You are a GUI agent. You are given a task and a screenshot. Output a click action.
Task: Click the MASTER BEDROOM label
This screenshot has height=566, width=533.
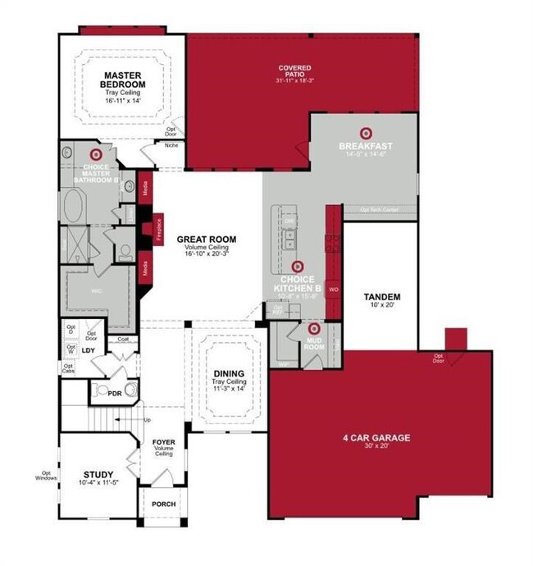(123, 80)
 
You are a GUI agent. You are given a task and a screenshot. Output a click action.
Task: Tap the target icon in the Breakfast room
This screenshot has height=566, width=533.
(366, 132)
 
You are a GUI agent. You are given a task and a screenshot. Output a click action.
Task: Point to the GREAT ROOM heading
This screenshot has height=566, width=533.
(206, 240)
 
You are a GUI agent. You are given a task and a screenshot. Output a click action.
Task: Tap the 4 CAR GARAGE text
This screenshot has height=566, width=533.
(376, 438)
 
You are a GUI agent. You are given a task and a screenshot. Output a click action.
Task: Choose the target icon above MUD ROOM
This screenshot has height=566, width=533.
(291, 328)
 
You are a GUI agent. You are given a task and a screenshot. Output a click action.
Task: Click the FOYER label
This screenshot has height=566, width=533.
(164, 442)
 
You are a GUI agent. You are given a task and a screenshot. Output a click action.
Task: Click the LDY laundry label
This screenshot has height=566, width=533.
(89, 350)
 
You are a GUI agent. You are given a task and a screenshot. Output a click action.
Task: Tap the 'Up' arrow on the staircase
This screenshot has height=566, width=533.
(147, 420)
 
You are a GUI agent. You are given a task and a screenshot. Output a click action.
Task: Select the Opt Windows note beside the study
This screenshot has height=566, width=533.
(46, 475)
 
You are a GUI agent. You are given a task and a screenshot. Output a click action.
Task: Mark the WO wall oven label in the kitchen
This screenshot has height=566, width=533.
(333, 290)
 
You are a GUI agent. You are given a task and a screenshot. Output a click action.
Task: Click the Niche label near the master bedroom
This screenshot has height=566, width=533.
(171, 146)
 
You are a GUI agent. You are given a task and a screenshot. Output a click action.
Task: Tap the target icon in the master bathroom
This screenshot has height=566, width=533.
(95, 154)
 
